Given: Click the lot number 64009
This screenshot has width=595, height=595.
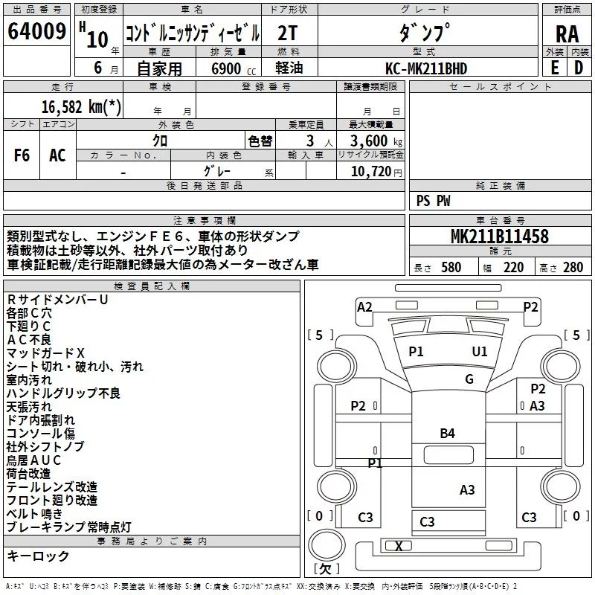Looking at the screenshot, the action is pos(36,31).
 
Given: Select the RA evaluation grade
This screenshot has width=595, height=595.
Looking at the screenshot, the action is pos(567,34).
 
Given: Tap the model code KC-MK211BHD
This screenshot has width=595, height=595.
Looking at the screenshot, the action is pos(426,68).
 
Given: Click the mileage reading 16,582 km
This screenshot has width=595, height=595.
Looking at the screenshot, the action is pos(81,106).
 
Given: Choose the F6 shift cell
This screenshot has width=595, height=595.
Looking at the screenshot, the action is pos(22,155).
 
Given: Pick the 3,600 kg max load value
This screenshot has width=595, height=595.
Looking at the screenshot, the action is pos(376,141).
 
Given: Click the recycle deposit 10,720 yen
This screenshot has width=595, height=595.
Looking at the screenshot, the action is pos(376,172).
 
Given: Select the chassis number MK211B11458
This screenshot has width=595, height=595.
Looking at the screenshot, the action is pos(499,236).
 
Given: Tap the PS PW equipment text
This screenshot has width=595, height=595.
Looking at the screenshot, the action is pos(433,201).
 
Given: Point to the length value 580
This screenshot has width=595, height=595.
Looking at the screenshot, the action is pos(451,268).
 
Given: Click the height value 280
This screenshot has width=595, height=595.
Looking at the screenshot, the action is pos(573,268).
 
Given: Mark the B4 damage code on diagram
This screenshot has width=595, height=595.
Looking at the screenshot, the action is pos(447,434).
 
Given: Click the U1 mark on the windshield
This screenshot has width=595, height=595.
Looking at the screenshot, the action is pos(479,352).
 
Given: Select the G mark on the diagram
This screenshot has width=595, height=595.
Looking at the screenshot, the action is pos(469,379).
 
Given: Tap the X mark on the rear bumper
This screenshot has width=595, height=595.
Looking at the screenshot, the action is pos(399,546).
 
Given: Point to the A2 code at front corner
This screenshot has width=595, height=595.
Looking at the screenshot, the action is pos(364,307).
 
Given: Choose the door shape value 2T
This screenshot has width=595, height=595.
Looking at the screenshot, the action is pos(287,33).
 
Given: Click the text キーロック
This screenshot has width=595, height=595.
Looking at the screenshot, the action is pos(38,556).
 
